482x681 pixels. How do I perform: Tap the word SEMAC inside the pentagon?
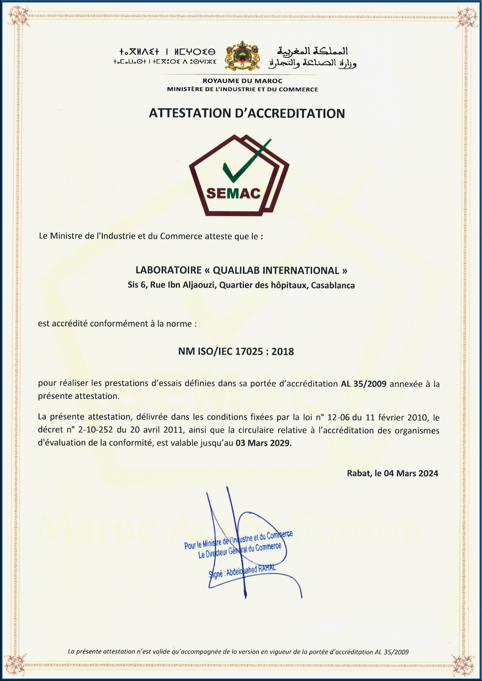[233, 193]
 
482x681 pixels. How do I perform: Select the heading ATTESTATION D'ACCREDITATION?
[247, 113]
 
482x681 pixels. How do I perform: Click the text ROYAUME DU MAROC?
[242, 81]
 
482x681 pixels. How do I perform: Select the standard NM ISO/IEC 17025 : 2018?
[236, 352]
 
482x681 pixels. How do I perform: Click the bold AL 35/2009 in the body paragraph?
[363, 384]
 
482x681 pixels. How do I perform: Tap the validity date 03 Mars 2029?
[263, 443]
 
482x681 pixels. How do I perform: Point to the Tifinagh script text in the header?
[167, 57]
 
